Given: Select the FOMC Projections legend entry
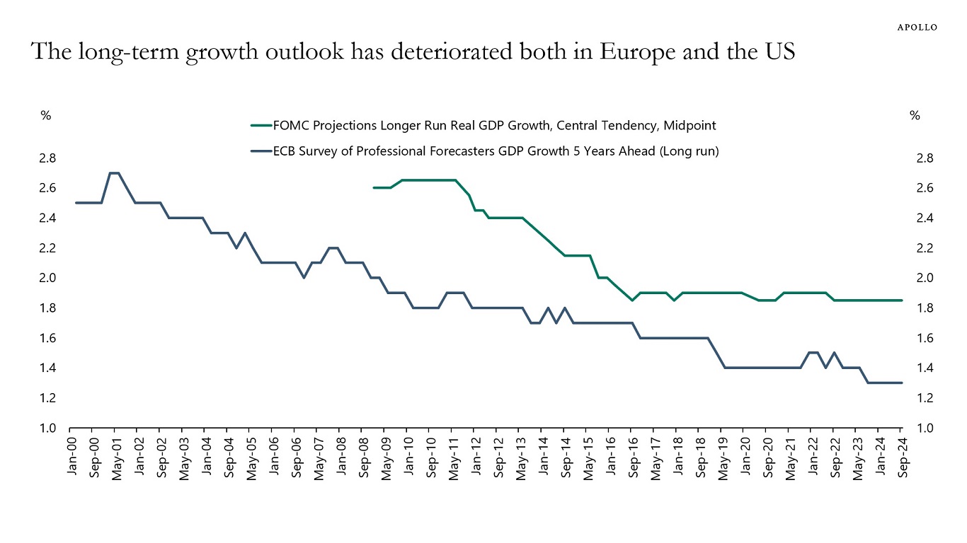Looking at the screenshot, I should (x=483, y=126).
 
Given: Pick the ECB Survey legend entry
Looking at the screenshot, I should (x=485, y=151).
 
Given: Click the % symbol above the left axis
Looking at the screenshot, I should (x=45, y=116).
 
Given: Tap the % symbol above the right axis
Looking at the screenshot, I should (x=915, y=116).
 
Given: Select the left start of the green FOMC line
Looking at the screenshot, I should (x=374, y=187).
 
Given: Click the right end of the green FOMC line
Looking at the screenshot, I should (x=901, y=300).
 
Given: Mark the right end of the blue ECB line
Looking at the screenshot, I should (x=901, y=383).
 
